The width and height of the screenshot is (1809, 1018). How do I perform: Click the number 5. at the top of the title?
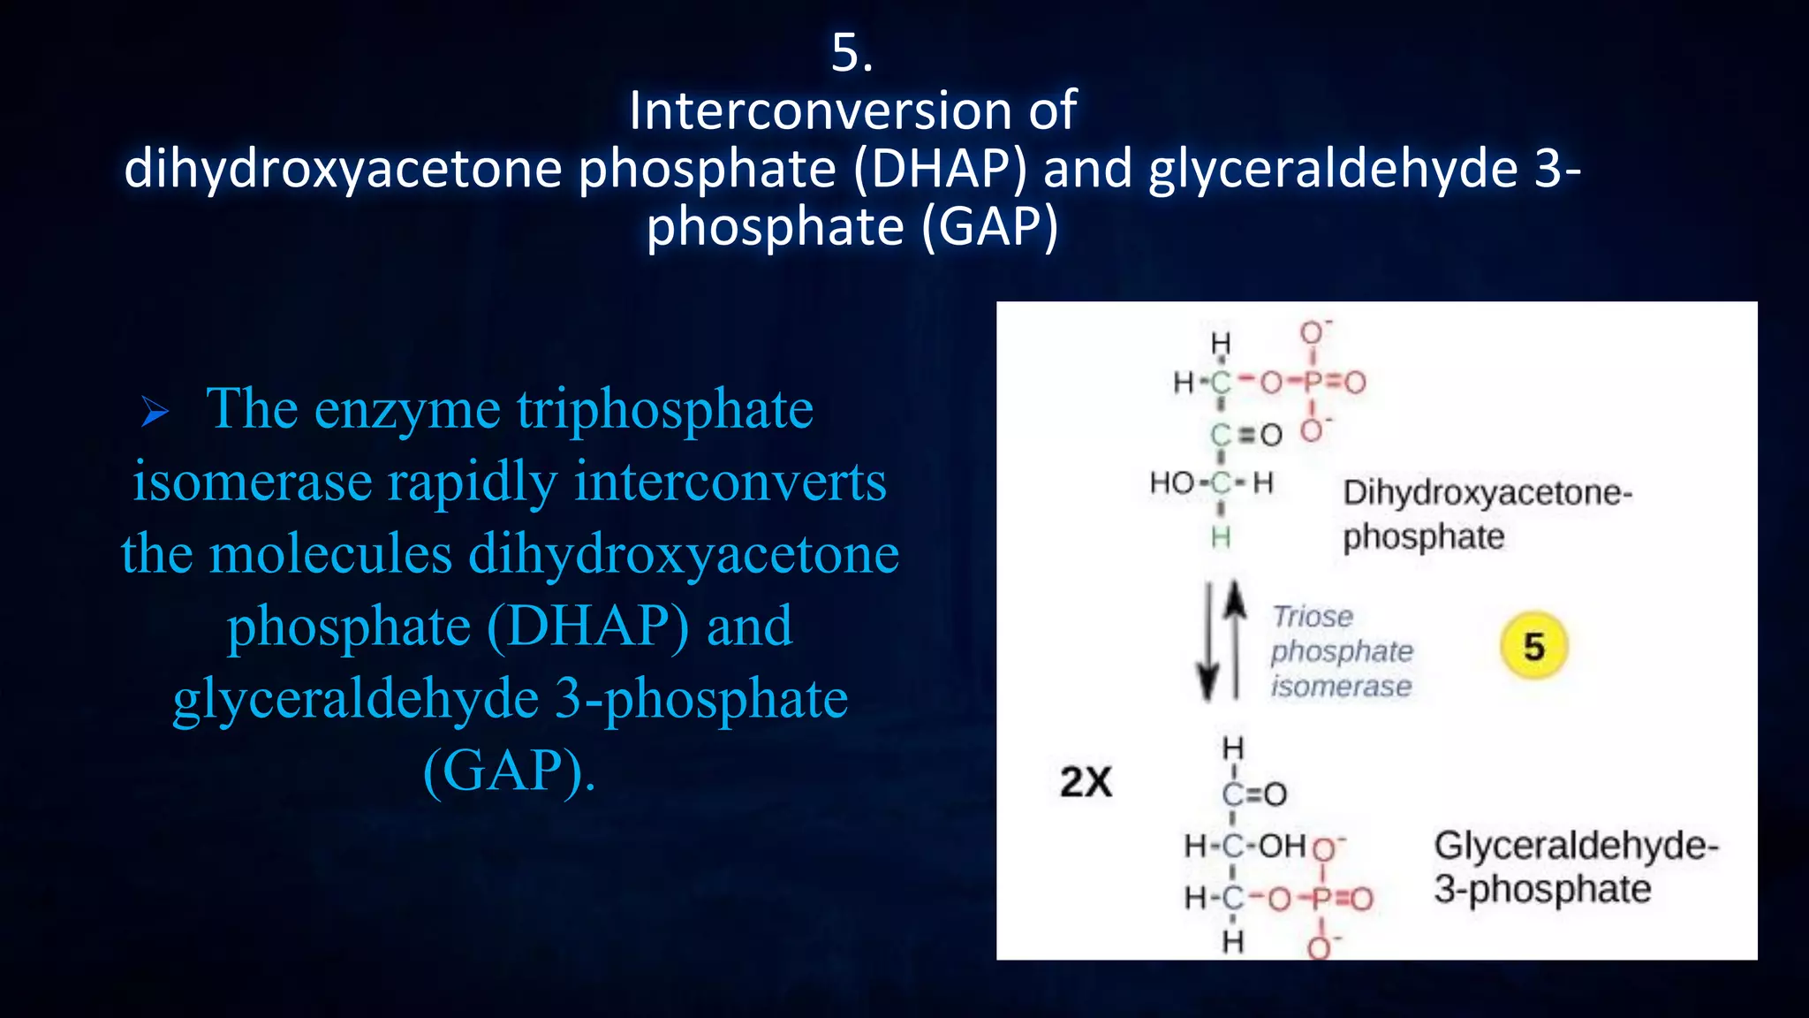pos(852,53)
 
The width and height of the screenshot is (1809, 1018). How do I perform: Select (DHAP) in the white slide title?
pos(941,169)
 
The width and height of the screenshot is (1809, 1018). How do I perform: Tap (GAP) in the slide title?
pos(989,227)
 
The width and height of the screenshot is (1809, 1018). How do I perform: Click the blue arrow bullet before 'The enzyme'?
pos(155,412)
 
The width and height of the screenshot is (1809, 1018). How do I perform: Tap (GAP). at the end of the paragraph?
pos(510,771)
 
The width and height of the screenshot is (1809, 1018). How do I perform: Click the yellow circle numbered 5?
pos(1533,646)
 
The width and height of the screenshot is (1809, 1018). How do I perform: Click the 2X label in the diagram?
pos(1086,782)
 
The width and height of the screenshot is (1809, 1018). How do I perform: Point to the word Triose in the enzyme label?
pos(1312,616)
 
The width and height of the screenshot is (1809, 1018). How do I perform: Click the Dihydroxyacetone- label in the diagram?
pos(1487,493)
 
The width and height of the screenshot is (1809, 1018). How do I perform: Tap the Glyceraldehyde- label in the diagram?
pos(1576,846)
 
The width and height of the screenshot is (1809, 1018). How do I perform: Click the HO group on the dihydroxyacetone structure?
pos(1171,483)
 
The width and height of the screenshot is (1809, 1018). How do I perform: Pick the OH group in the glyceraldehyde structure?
pos(1282,846)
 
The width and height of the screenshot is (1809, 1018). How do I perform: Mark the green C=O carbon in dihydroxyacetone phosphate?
pos(1220,435)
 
